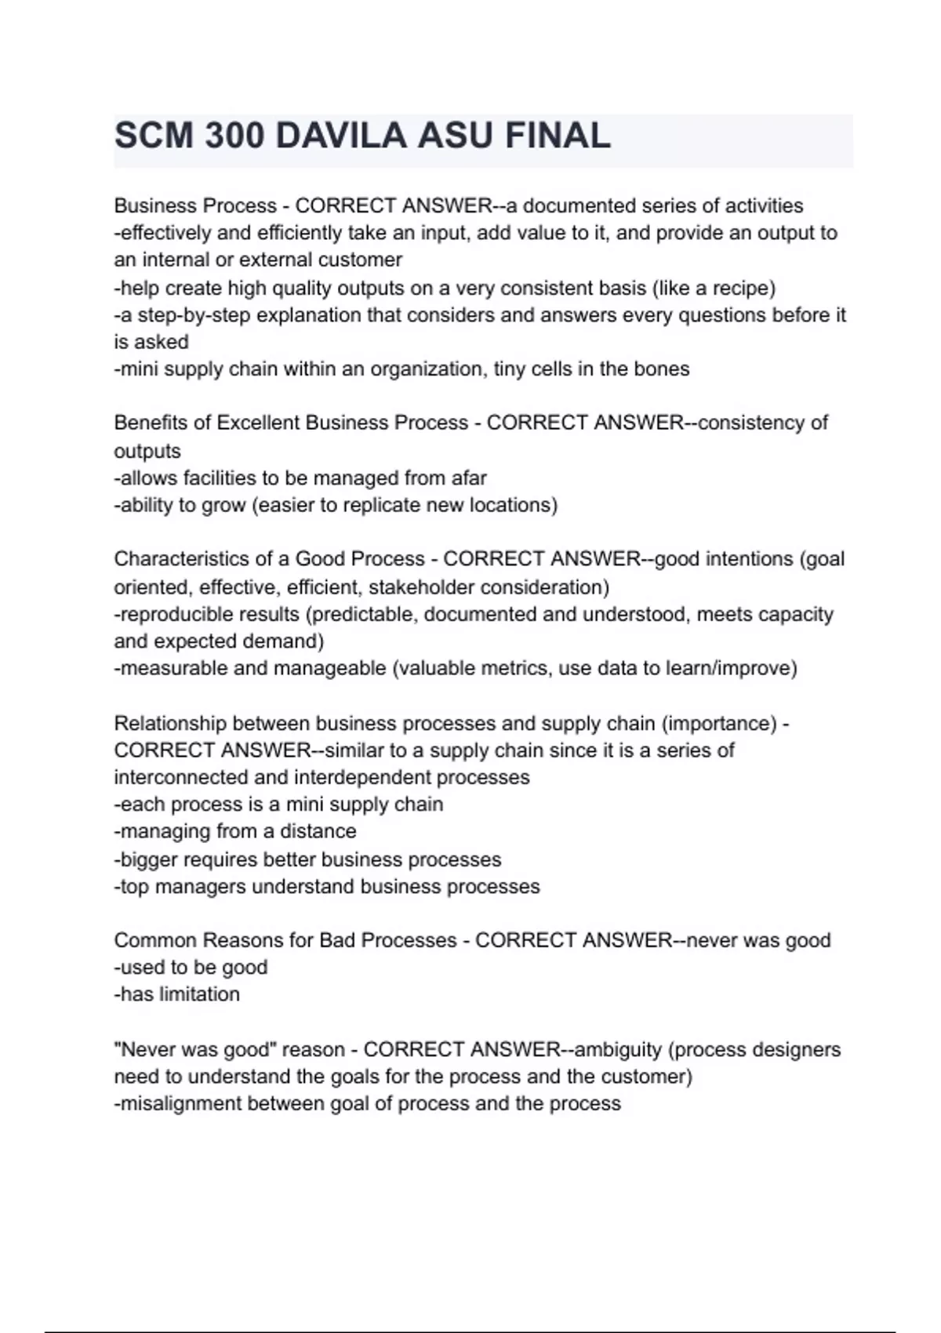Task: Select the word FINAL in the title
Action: pos(558,136)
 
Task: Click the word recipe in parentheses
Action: pos(740,288)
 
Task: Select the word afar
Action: pos(469,478)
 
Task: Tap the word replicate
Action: pos(383,505)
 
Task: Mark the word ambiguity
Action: pos(619,1049)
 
